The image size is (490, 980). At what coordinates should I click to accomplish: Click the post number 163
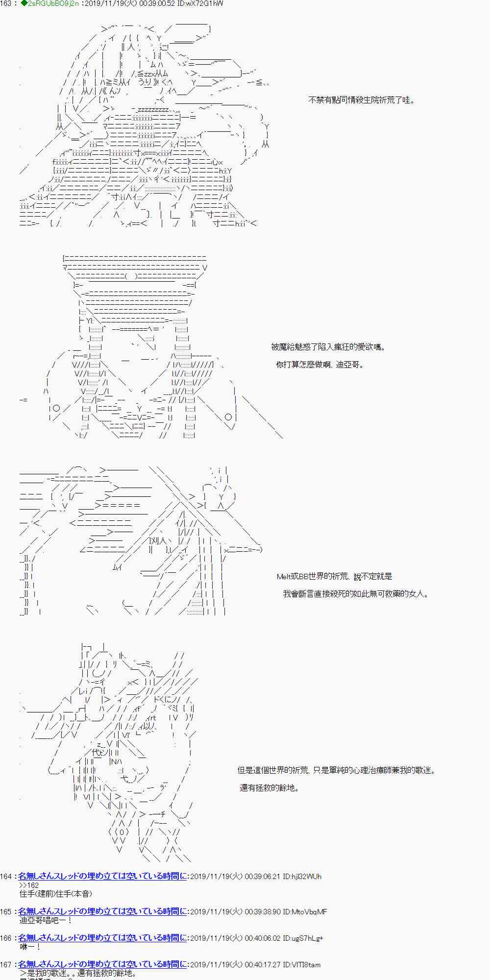tap(6, 4)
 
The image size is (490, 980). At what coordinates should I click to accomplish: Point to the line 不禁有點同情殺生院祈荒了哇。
tap(362, 100)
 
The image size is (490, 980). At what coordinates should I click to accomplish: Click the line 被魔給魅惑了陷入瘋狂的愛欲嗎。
tap(328, 347)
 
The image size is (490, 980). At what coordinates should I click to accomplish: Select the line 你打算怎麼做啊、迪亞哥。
tap(320, 365)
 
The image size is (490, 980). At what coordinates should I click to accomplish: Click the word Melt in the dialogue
tap(284, 577)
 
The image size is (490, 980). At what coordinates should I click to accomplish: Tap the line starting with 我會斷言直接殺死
tap(356, 594)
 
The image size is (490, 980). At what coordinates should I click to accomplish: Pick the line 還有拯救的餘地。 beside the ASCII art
tap(269, 788)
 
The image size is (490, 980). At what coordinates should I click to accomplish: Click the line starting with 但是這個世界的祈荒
tap(336, 770)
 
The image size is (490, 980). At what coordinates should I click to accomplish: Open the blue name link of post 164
tap(102, 876)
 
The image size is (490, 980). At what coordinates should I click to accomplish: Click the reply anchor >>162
tap(29, 885)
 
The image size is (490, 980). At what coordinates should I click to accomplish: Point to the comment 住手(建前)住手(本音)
tap(55, 894)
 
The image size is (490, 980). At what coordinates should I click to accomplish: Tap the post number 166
tap(6, 938)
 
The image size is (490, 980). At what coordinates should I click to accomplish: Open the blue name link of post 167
tap(102, 964)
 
